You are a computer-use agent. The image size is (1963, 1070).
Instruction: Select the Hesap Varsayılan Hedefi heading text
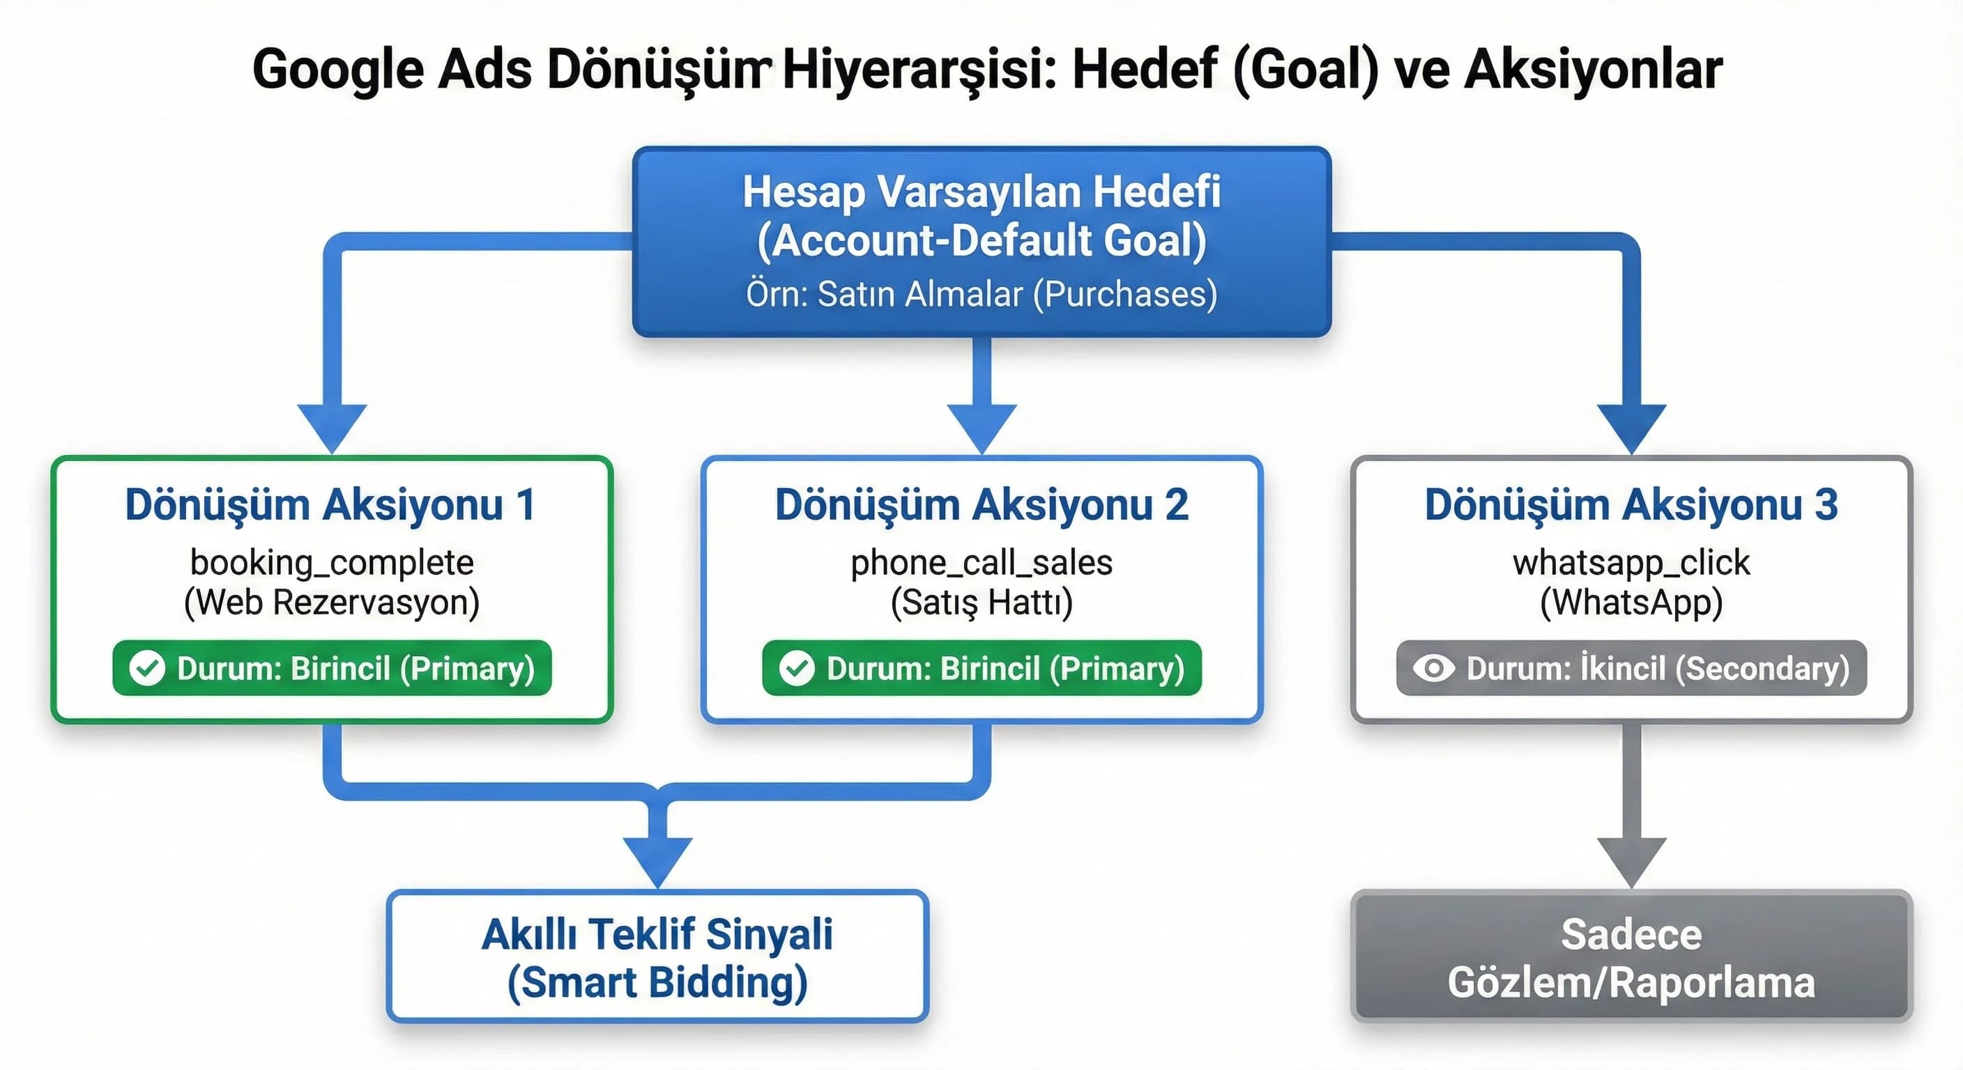(x=982, y=191)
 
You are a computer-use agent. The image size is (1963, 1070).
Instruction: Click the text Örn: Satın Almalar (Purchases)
(x=982, y=294)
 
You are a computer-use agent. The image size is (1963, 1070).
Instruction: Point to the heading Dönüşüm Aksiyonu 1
(x=330, y=505)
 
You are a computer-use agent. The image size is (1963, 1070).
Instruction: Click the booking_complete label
(x=332, y=563)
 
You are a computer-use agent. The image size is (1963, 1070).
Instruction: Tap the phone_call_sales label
(x=982, y=563)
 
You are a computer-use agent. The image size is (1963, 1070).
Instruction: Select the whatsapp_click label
(x=1630, y=563)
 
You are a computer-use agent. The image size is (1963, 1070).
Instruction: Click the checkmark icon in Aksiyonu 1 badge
(x=147, y=668)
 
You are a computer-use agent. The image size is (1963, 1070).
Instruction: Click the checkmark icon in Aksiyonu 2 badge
(x=796, y=668)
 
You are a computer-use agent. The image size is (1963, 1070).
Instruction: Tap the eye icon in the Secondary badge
(x=1433, y=668)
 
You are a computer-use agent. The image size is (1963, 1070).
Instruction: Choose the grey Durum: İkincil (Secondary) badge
(x=1630, y=668)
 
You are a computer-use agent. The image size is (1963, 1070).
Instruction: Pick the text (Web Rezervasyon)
(x=332, y=603)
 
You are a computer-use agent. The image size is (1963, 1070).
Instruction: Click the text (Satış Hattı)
(x=982, y=603)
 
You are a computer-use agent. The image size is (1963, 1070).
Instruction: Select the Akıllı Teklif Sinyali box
(x=657, y=956)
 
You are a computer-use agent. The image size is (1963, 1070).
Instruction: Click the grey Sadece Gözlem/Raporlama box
(x=1630, y=956)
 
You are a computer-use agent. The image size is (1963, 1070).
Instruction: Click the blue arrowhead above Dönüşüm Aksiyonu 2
(x=982, y=426)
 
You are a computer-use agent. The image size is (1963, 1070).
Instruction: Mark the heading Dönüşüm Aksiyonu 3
(x=1630, y=505)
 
